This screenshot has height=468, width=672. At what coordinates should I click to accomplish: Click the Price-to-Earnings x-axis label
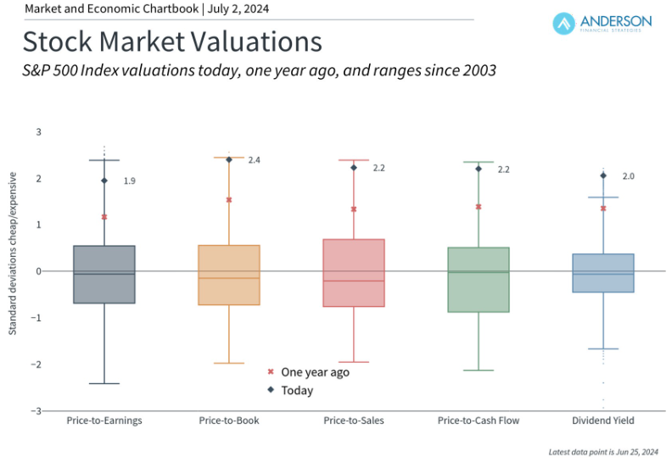(104, 421)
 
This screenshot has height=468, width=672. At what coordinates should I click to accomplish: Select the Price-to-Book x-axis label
(229, 421)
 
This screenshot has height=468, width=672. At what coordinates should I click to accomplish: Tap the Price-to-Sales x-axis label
(354, 421)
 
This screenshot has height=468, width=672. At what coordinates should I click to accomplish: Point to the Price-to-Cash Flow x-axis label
(479, 421)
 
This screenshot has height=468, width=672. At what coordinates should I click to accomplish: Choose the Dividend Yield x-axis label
(603, 421)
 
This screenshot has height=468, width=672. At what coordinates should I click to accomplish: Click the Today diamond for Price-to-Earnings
(104, 181)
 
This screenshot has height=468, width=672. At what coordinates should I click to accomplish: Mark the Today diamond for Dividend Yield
(603, 176)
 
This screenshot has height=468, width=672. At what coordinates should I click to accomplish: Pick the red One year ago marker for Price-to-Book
(229, 200)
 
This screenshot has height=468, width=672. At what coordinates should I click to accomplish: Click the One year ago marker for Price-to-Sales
(354, 209)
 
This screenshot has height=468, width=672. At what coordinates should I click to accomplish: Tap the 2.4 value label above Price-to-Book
(254, 160)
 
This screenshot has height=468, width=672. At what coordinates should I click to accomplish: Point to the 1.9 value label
(129, 181)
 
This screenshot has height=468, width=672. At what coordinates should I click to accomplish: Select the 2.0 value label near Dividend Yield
(629, 176)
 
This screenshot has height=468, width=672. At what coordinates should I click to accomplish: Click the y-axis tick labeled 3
(38, 132)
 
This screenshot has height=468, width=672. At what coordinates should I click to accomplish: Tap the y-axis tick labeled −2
(36, 365)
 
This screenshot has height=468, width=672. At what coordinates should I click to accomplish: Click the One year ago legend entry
(309, 372)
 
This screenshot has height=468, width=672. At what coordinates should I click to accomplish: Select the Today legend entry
(290, 391)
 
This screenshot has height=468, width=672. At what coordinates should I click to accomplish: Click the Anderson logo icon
(565, 24)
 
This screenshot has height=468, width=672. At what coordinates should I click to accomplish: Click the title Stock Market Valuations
(172, 42)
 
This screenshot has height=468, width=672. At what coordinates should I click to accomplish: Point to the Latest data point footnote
(604, 452)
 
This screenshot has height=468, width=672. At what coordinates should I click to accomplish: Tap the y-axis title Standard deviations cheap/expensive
(13, 252)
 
